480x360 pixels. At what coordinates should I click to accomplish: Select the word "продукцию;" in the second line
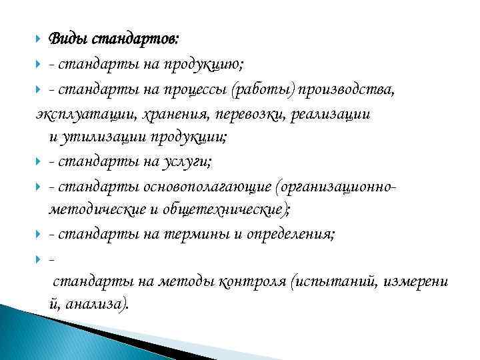[x=211, y=64]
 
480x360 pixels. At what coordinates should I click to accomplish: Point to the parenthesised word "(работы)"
[x=271, y=90]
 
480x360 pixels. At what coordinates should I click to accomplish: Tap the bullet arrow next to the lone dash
[x=41, y=258]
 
